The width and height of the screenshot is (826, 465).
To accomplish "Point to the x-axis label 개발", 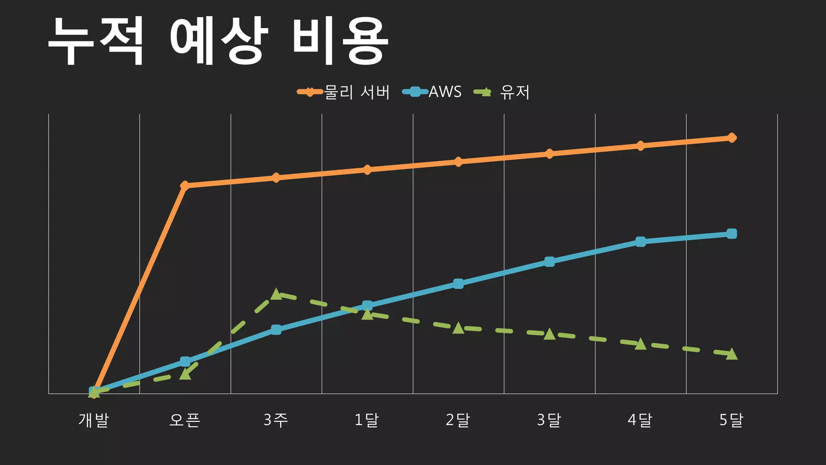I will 94,420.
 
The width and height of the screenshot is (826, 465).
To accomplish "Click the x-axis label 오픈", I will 185,420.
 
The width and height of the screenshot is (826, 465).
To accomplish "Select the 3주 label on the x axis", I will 276,420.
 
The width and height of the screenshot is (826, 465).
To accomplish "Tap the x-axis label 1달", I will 367,420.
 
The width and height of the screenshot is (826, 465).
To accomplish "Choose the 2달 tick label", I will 458,420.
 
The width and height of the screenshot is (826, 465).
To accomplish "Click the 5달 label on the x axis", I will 731,420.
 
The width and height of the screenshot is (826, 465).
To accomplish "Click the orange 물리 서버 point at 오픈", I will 185,185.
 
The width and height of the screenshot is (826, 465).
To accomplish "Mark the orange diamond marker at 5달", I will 732,138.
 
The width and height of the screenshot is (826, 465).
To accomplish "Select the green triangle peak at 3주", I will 276,294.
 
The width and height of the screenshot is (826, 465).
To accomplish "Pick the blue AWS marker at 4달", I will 640,241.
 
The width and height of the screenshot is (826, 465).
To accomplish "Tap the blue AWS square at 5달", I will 732,234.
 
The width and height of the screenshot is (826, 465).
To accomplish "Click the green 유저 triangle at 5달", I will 732,354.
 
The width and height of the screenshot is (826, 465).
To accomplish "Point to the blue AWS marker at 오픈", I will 185,361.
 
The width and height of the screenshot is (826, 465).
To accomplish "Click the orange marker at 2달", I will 458,162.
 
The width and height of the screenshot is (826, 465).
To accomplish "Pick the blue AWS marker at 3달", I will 549,262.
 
